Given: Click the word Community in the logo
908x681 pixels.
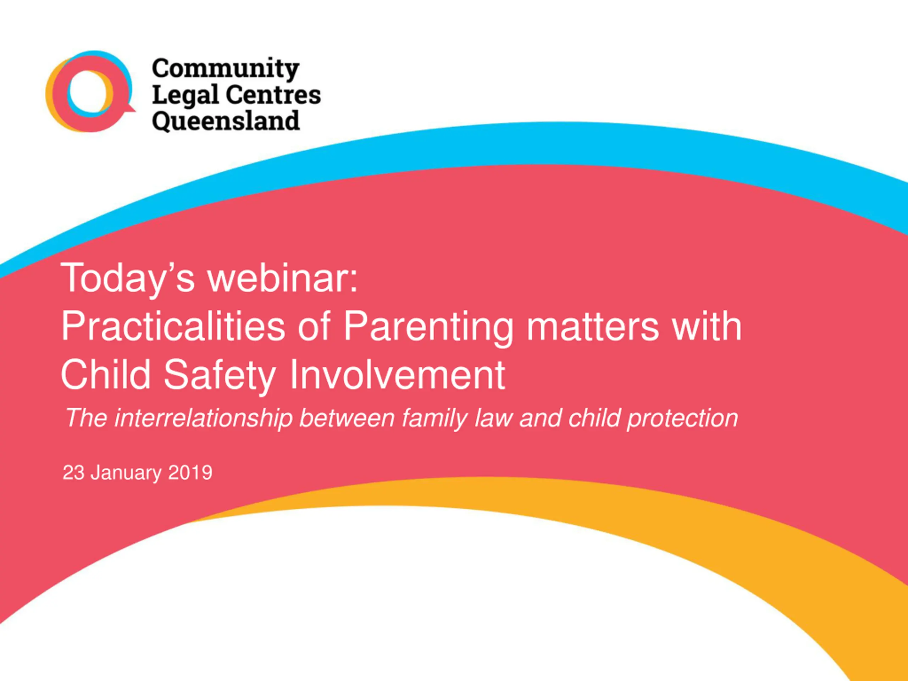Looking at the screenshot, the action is (x=225, y=69).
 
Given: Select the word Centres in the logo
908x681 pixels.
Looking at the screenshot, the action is (x=273, y=95).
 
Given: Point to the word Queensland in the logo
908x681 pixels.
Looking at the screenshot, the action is (x=226, y=122).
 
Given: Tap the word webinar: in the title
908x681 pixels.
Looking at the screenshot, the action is (x=283, y=278).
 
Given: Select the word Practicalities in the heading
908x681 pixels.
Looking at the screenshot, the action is (x=173, y=327).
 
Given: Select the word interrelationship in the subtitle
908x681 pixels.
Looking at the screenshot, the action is (x=203, y=419).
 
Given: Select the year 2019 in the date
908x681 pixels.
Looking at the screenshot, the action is (x=190, y=472).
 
